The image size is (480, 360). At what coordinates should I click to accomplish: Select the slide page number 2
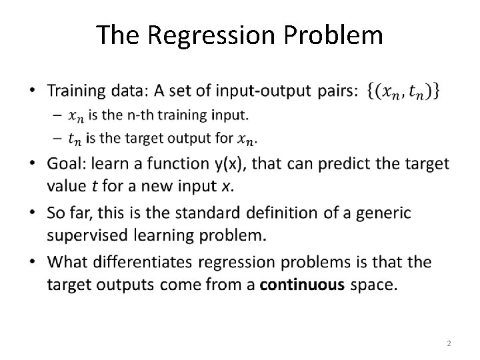tap(449, 343)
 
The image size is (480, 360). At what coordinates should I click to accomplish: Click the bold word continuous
tap(302, 285)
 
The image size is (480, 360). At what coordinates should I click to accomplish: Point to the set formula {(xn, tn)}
tap(403, 91)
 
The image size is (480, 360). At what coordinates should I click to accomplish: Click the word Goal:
tap(69, 164)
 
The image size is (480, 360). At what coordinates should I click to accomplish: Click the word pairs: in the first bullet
tap(337, 91)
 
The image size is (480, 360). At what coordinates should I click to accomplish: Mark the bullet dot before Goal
tap(35, 165)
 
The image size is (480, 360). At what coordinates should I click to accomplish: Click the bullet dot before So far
tap(35, 213)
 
